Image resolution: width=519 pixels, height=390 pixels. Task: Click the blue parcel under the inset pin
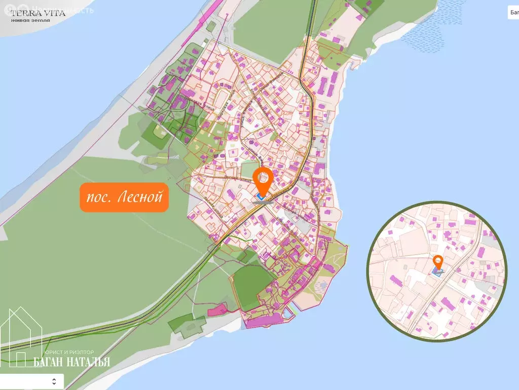pos(437,272)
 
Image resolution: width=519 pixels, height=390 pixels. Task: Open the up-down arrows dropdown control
pos(54,381)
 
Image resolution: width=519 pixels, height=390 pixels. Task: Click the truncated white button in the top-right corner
pos(513,13)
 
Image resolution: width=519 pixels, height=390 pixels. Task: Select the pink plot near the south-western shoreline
pos(218,308)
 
